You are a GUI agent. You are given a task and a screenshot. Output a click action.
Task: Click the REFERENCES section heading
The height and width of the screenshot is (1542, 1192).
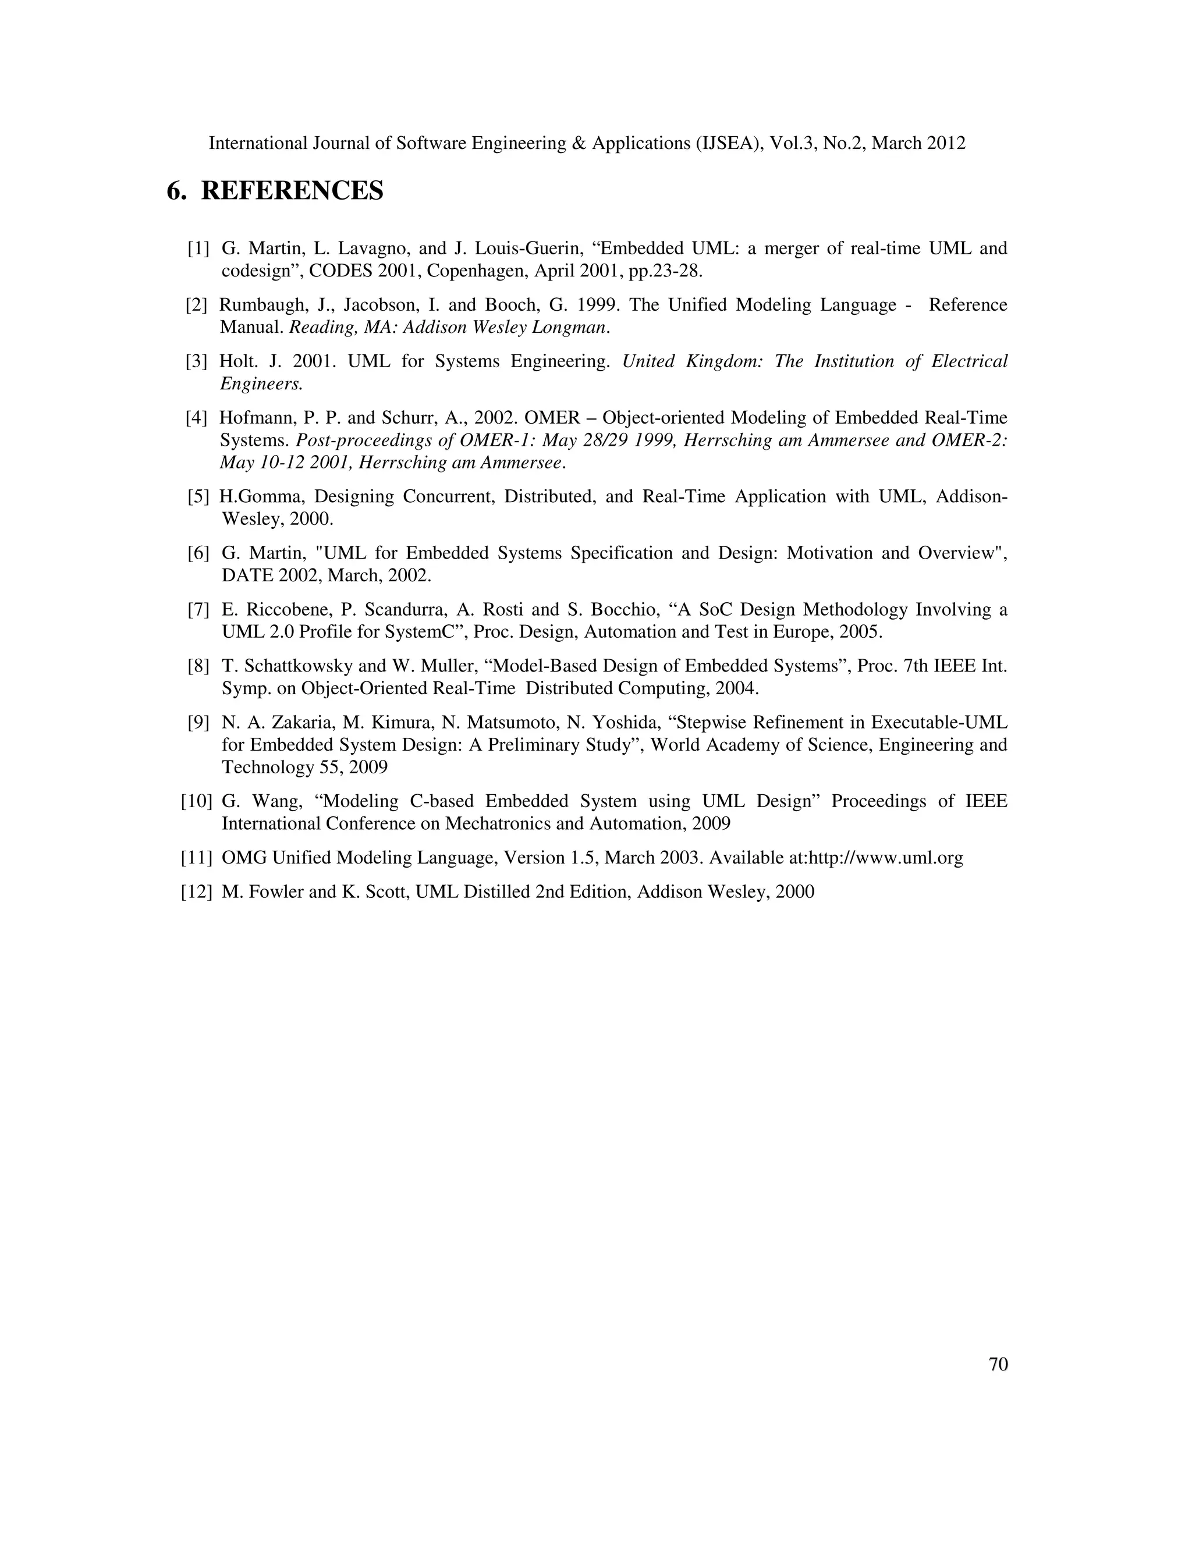tap(292, 191)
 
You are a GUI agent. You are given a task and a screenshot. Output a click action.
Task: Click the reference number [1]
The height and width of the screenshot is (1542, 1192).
tap(198, 248)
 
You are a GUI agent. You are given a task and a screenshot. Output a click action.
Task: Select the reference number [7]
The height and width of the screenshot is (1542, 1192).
tap(198, 609)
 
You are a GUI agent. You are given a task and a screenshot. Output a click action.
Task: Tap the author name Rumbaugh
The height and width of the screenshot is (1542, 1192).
tap(257, 305)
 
